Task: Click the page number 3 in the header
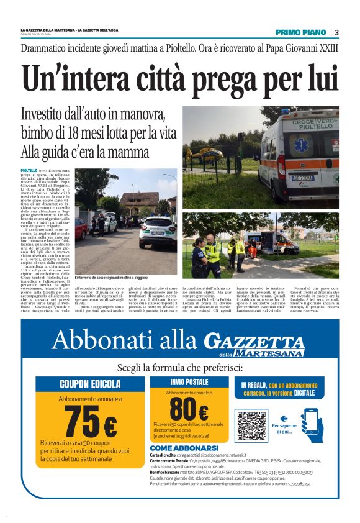tap(336, 32)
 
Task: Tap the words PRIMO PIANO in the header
tap(301, 32)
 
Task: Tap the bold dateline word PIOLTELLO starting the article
tap(29, 170)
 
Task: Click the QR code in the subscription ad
tap(251, 426)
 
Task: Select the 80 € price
tap(189, 409)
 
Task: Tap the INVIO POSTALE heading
tap(189, 382)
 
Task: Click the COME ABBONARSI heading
tap(184, 448)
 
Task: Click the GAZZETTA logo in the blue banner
tap(254, 341)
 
